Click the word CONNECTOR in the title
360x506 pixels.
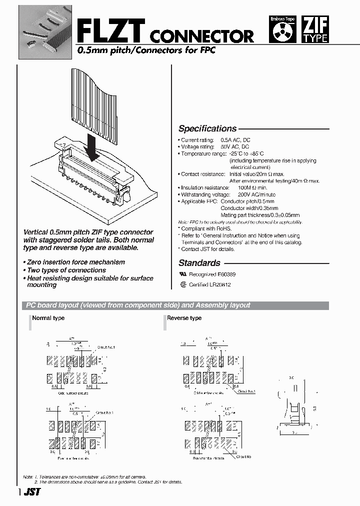click(202, 35)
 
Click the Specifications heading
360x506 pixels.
click(207, 128)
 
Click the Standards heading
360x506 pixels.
click(199, 263)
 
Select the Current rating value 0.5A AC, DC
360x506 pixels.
click(235, 140)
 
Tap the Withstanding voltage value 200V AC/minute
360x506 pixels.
click(256, 194)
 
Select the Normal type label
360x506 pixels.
click(48, 318)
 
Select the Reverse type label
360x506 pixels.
click(184, 318)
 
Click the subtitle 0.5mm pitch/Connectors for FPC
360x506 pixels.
click(146, 51)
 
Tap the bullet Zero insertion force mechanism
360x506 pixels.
click(75, 262)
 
